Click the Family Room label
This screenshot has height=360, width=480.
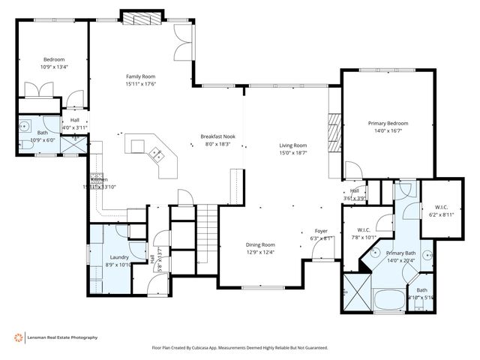point(140,76)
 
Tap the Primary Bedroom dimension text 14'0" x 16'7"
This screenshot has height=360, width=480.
point(388,130)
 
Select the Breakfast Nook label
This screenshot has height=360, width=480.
point(218,136)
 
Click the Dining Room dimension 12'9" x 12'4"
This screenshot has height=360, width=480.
point(261,252)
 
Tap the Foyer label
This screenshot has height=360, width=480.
point(320,231)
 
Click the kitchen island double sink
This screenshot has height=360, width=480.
point(158,154)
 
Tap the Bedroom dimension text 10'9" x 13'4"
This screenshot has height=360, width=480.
point(53,67)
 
